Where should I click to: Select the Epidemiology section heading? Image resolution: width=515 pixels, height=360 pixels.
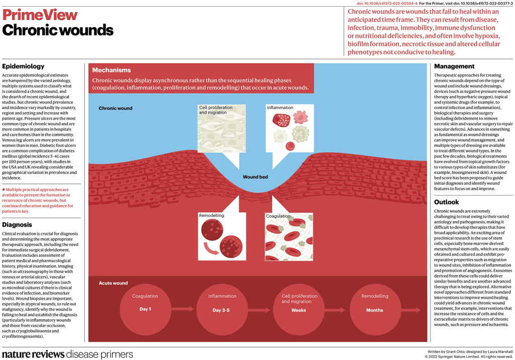(23, 66)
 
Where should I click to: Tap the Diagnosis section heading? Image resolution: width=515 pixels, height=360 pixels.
(18, 225)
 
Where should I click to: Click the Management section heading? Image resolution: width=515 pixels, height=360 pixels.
(454, 66)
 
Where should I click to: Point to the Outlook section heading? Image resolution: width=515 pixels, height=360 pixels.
(447, 202)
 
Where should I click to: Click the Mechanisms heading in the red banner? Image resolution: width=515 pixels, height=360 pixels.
(111, 70)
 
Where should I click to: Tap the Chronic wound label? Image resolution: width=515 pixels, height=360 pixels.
(115, 108)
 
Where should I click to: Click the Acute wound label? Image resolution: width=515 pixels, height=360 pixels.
(113, 283)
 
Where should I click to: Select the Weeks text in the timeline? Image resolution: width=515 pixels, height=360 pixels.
(298, 310)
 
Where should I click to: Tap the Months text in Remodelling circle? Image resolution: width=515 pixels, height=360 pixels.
(375, 310)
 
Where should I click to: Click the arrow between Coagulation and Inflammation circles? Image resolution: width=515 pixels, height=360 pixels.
(184, 309)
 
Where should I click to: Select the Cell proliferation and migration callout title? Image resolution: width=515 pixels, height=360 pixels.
(216, 110)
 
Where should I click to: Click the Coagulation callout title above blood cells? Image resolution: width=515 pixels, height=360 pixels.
(278, 216)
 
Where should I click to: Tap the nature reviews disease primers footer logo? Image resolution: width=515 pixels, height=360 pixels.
(68, 354)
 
